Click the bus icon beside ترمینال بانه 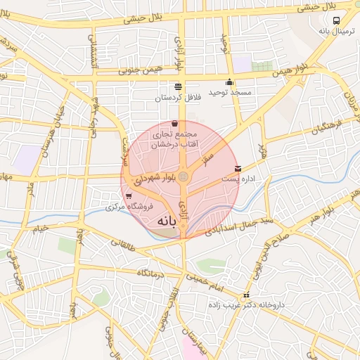[x=337, y=20]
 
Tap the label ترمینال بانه [x=334, y=31]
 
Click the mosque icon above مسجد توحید [x=230, y=82]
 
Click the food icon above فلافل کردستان [x=177, y=86]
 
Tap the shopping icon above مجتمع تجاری [x=174, y=124]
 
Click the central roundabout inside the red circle [x=183, y=176]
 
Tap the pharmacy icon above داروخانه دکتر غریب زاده [x=245, y=296]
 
